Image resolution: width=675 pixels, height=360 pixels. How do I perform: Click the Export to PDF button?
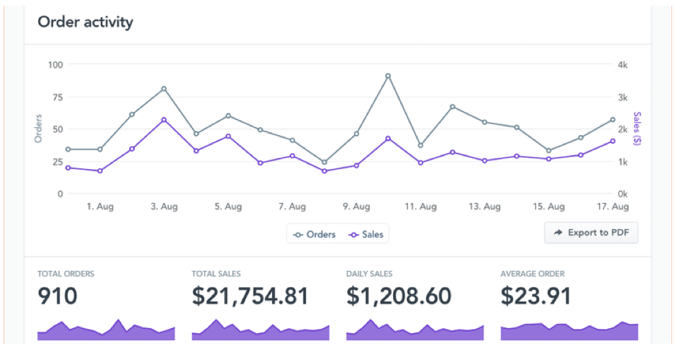tap(591, 233)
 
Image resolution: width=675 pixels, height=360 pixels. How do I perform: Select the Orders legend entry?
tap(315, 234)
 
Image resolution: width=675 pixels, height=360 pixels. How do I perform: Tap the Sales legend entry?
tap(366, 234)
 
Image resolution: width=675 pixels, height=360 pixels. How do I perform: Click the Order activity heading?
tap(85, 22)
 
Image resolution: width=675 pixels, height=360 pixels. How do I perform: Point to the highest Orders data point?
tap(388, 76)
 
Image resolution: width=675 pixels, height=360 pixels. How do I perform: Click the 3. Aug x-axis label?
tap(164, 207)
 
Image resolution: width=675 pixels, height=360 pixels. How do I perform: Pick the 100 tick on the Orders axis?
tap(55, 64)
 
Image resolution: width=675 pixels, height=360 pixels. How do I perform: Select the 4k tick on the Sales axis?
tap(622, 64)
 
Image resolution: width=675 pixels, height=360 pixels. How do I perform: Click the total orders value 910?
tap(57, 296)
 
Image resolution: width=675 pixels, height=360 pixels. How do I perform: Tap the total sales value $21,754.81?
tap(250, 296)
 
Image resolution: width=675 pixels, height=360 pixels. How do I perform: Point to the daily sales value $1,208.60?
tap(399, 296)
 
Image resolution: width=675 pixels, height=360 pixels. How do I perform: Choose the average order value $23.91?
tap(535, 296)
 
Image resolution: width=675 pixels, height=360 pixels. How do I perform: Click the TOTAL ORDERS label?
tap(66, 274)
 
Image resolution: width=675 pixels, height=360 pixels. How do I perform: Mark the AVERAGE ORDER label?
tap(532, 274)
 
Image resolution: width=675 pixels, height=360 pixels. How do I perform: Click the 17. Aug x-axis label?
tap(612, 207)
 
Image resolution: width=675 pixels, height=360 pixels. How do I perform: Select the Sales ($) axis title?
tap(638, 129)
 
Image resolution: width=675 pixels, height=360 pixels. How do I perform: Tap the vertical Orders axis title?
tap(39, 129)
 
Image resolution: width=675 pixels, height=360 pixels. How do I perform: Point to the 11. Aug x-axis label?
tap(420, 207)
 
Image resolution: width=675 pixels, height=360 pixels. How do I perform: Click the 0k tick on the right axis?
tap(622, 194)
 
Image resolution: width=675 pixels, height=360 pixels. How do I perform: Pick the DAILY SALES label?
tap(369, 274)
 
